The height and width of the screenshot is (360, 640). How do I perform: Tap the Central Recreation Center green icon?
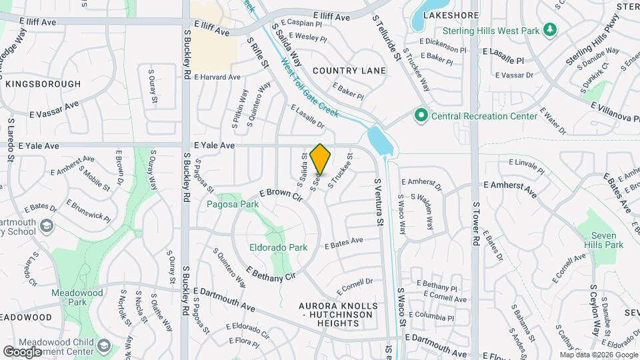pos(421,116)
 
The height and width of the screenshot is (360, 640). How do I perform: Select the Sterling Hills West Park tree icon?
pos(550,30)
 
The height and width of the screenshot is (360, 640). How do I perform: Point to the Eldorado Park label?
pos(279,247)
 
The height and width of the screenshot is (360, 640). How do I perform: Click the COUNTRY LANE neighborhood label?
pos(349,71)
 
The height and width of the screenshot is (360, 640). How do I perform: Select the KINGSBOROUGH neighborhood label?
pos(43,84)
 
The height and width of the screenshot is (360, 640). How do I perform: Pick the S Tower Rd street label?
pos(476,223)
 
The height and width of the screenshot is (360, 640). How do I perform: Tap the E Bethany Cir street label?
pos(270,273)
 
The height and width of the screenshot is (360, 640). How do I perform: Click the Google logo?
pos(23,351)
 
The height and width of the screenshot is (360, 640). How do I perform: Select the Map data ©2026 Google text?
pos(598,355)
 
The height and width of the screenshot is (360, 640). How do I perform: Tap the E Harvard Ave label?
pos(217,77)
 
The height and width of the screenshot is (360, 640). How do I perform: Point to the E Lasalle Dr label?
pos(307,116)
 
